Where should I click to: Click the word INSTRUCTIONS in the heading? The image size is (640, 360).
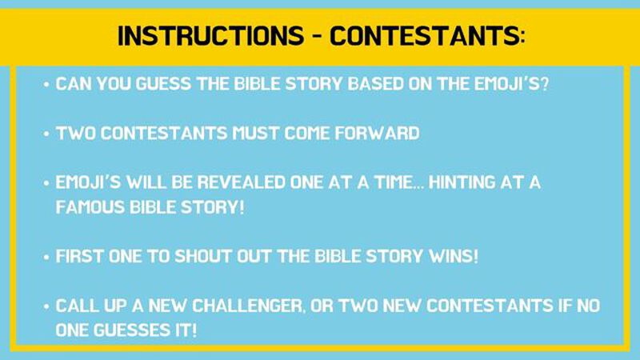pyautogui.click(x=202, y=35)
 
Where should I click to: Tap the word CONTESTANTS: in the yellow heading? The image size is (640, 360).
pyautogui.click(x=428, y=35)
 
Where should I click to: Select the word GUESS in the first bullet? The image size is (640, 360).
pyautogui.click(x=150, y=85)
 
